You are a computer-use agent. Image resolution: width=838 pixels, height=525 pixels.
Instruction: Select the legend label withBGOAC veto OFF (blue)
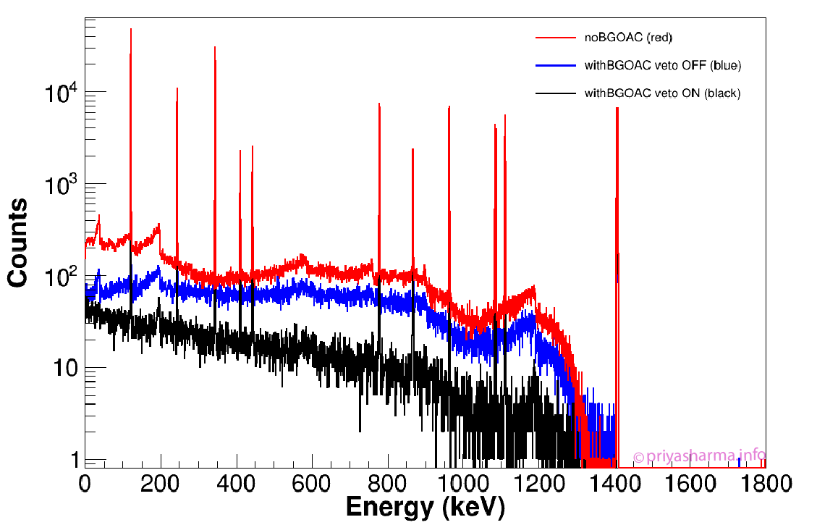[662, 66]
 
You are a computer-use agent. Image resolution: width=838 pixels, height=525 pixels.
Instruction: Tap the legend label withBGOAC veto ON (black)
[662, 93]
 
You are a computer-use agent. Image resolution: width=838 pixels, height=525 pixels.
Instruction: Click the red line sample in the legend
[554, 38]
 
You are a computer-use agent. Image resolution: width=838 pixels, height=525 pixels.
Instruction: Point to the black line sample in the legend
[554, 93]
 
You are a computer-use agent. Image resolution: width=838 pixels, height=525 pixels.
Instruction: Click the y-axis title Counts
[18, 243]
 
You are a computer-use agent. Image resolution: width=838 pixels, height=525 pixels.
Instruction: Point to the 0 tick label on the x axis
[85, 483]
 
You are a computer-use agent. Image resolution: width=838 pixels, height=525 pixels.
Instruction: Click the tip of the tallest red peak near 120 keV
[130, 30]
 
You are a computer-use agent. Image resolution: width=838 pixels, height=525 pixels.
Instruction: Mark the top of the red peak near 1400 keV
[617, 108]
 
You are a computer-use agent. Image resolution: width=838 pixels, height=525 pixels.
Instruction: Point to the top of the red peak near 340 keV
[215, 47]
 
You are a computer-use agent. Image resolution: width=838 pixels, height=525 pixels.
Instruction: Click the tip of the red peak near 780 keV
[379, 104]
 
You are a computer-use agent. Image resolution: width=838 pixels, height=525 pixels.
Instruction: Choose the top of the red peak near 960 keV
[449, 106]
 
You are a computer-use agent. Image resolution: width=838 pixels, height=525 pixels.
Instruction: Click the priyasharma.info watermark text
[699, 456]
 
